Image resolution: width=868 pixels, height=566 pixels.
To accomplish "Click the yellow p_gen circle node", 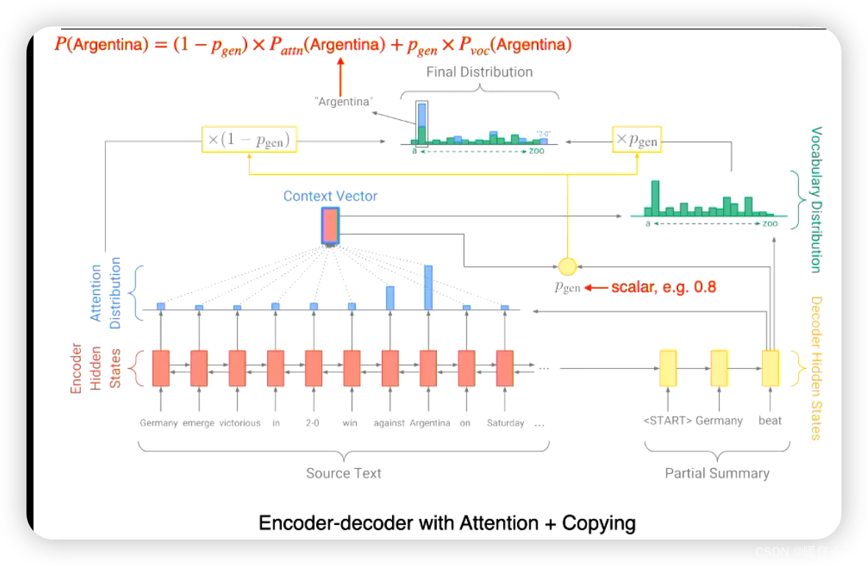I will [x=567, y=266].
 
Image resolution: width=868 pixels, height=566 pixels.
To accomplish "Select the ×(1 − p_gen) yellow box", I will [x=249, y=140].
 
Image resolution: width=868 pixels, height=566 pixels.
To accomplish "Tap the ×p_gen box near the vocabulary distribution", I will [x=636, y=140].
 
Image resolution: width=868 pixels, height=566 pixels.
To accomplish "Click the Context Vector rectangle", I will [x=330, y=226].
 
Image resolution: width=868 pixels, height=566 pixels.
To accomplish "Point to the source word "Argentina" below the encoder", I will [x=430, y=423].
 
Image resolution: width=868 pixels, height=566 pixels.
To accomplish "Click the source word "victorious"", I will [x=240, y=423].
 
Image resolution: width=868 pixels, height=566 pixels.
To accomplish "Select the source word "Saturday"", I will [x=505, y=423].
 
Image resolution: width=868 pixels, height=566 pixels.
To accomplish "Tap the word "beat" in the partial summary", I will [x=770, y=420].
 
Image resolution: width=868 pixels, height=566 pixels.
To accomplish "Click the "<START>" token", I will [x=667, y=420].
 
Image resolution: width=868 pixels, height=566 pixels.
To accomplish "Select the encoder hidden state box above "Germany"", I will [x=160, y=368].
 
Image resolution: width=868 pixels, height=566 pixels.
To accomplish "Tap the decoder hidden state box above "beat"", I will [x=770, y=368].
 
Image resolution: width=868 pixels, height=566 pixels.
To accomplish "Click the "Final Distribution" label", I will [x=480, y=72].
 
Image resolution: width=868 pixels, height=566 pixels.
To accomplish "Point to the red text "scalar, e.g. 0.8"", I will [x=664, y=287].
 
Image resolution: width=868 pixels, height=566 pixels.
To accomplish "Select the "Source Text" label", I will [x=344, y=473].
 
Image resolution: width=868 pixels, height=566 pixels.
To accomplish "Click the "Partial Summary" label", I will [x=717, y=473].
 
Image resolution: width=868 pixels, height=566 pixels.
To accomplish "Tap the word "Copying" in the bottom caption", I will [x=599, y=523].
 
